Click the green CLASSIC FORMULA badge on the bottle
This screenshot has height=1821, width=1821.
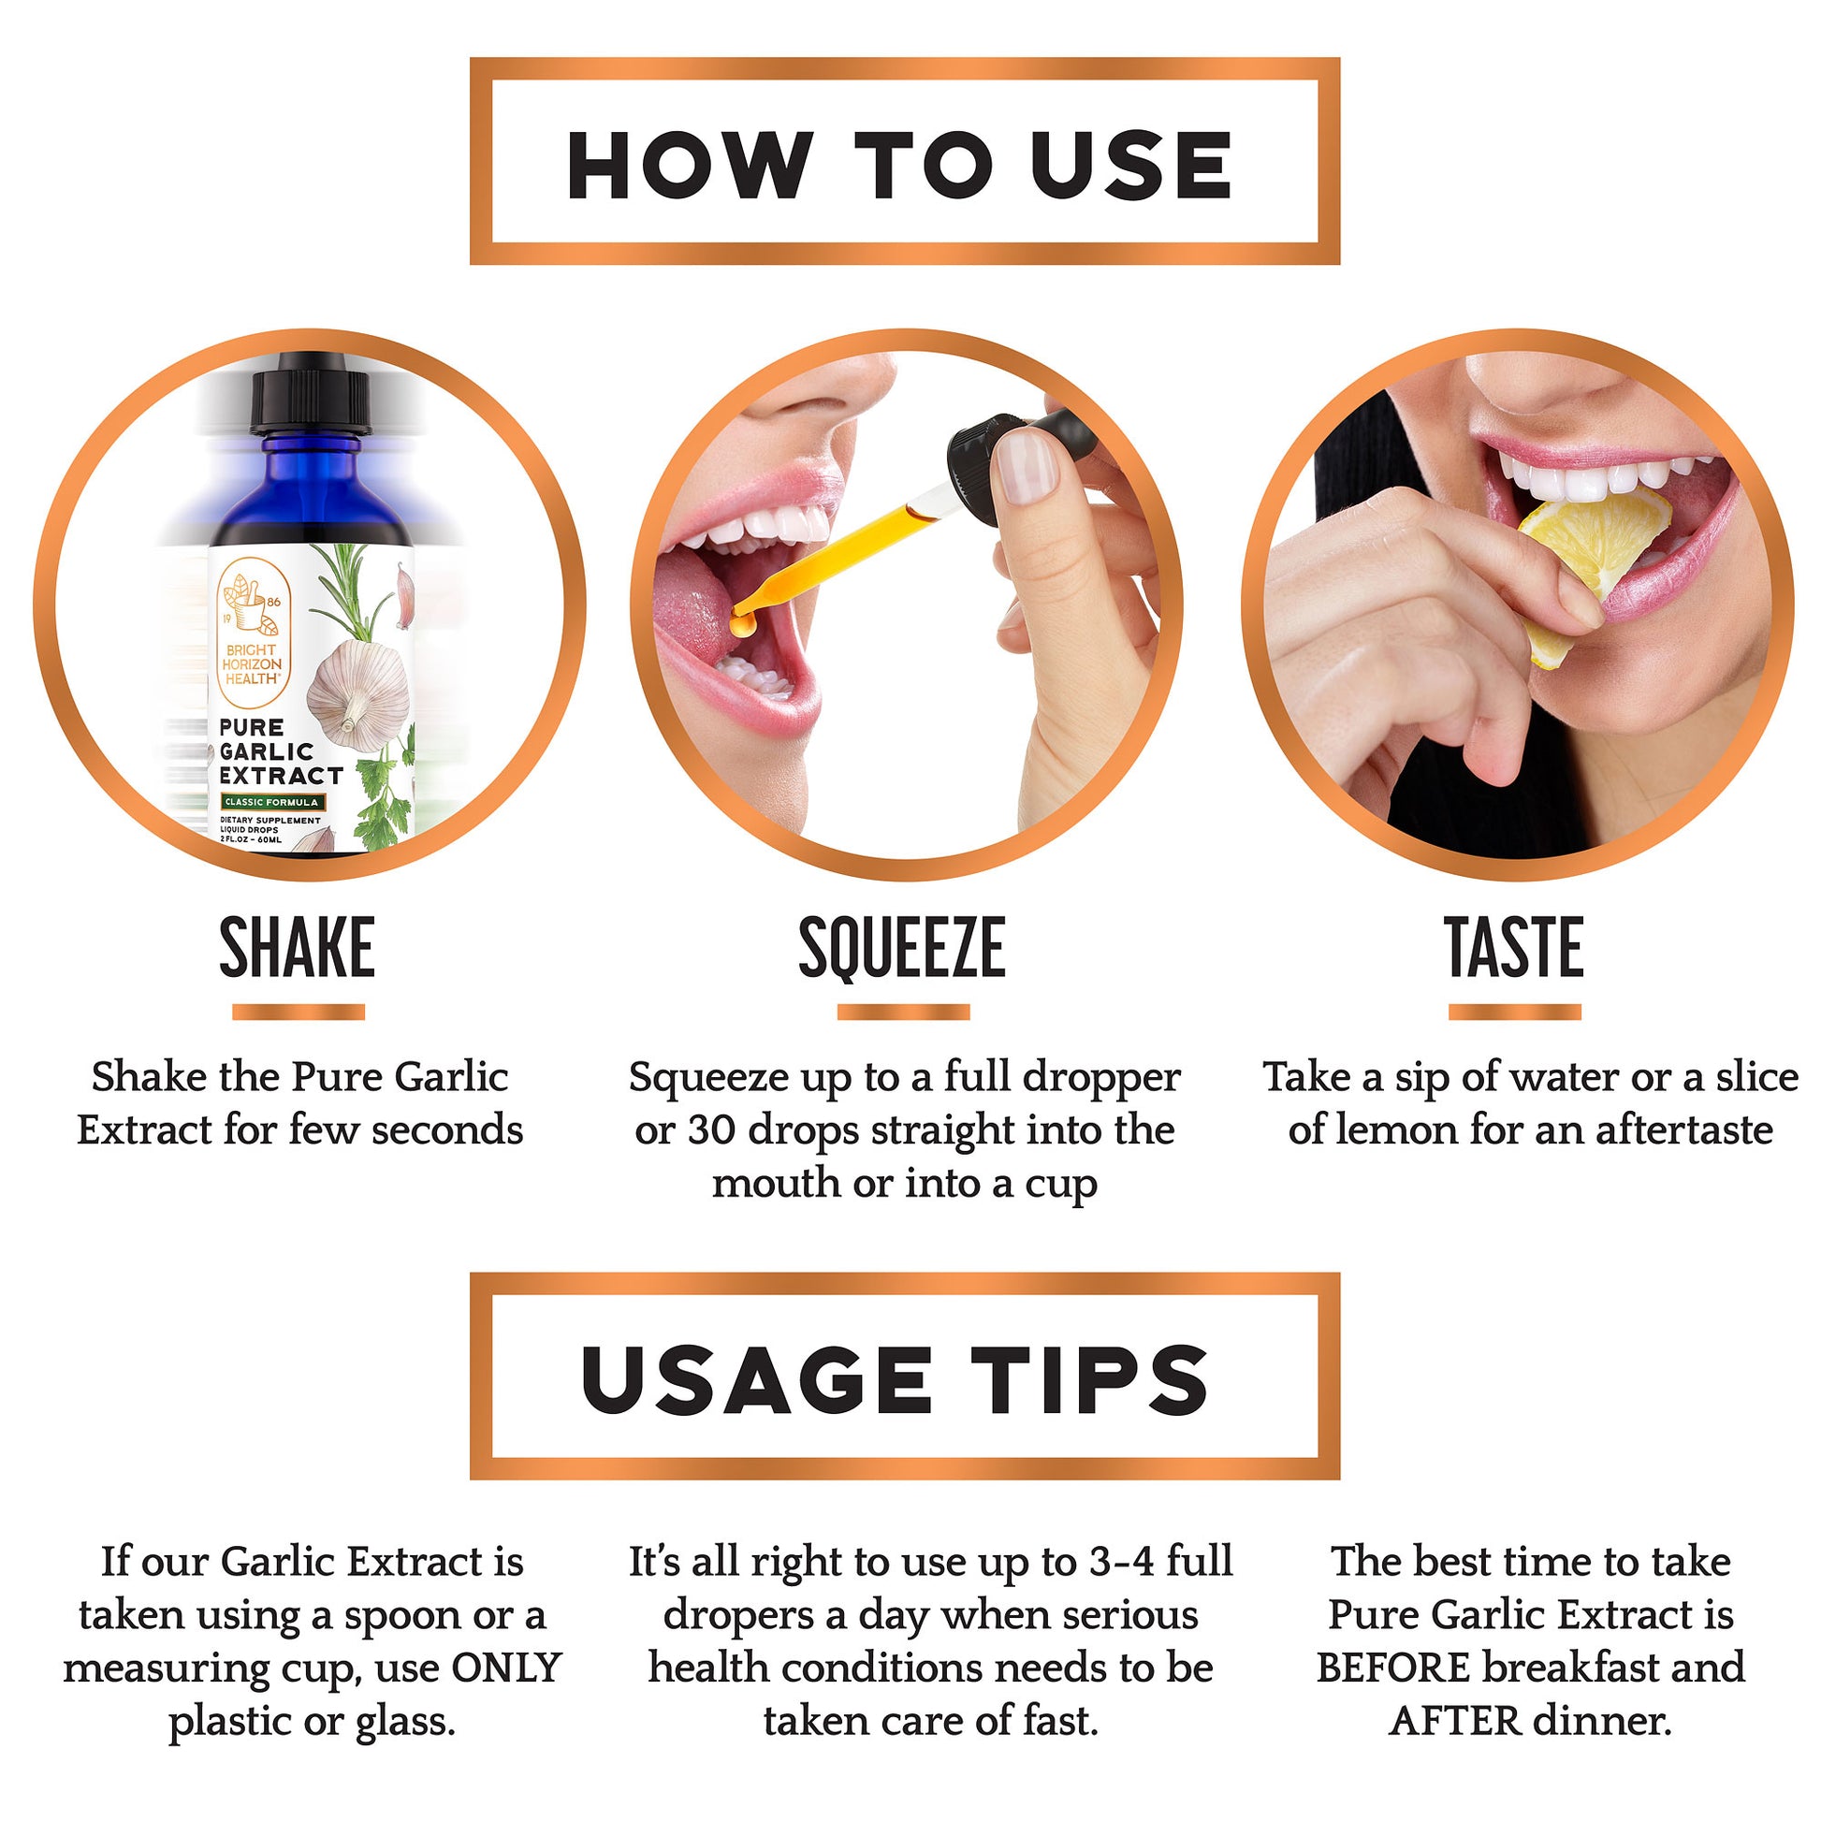271,802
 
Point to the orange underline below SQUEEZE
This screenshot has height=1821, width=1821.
903,1012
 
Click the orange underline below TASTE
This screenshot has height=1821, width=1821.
1514,1012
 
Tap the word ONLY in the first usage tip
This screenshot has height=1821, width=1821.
506,1668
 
